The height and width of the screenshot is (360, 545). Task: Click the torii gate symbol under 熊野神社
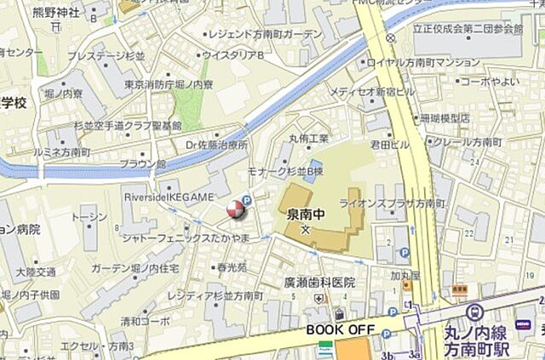tap(54, 26)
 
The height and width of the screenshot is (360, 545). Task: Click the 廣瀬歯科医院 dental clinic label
tap(319, 283)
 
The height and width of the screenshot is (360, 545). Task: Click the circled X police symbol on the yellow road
tap(390, 38)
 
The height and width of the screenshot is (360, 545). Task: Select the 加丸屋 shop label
tap(405, 275)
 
